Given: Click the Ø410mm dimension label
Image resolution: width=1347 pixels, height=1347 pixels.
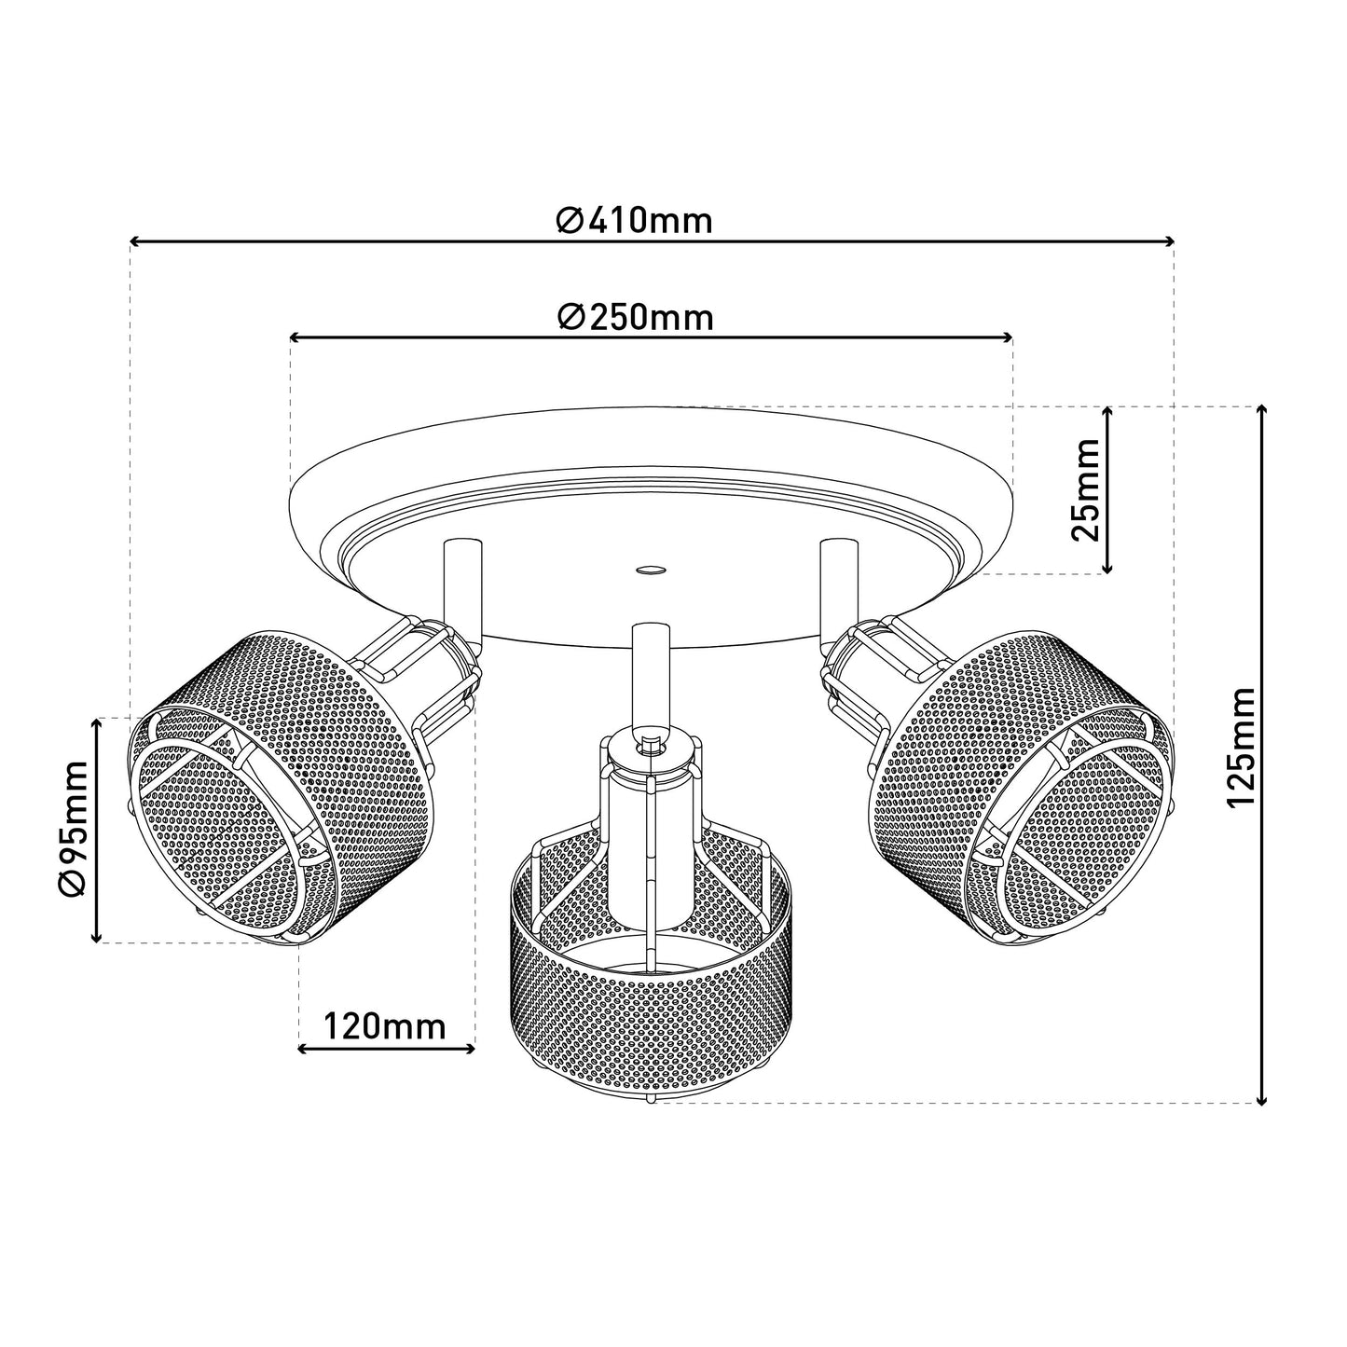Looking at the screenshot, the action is (634, 222).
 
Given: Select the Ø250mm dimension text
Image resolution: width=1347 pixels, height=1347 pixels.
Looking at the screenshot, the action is (636, 318).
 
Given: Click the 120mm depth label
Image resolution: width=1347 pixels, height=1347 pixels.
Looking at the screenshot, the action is (384, 1027).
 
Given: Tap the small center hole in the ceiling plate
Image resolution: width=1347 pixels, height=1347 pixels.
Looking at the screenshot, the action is (650, 570).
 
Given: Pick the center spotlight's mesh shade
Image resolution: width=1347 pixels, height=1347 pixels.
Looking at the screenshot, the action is (651, 979).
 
